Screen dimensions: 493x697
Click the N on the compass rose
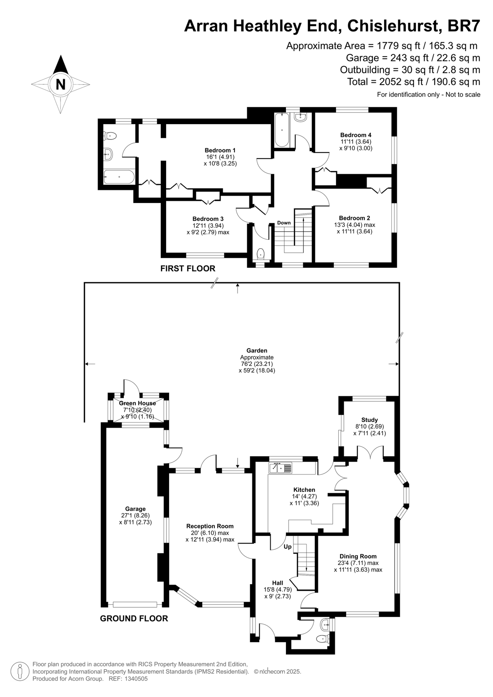61,84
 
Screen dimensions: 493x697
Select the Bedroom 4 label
356,135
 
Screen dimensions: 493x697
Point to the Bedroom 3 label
208,219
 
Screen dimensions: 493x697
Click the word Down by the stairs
284,223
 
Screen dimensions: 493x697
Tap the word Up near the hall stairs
287,547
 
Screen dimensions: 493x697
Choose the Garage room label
136,509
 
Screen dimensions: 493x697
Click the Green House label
137,403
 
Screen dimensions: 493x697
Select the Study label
370,420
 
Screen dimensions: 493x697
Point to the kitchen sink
281,468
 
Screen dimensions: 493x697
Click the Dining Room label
358,556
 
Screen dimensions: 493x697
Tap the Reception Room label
210,526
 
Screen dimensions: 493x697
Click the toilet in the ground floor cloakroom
323,639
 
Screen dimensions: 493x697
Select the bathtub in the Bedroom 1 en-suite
119,177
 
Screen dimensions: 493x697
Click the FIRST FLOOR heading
188,268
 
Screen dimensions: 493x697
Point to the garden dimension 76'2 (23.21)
257,364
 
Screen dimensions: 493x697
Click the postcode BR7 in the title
464,26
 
